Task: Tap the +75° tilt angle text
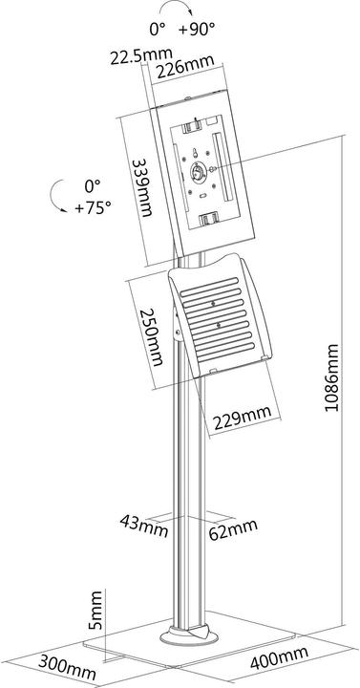(x=93, y=205)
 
